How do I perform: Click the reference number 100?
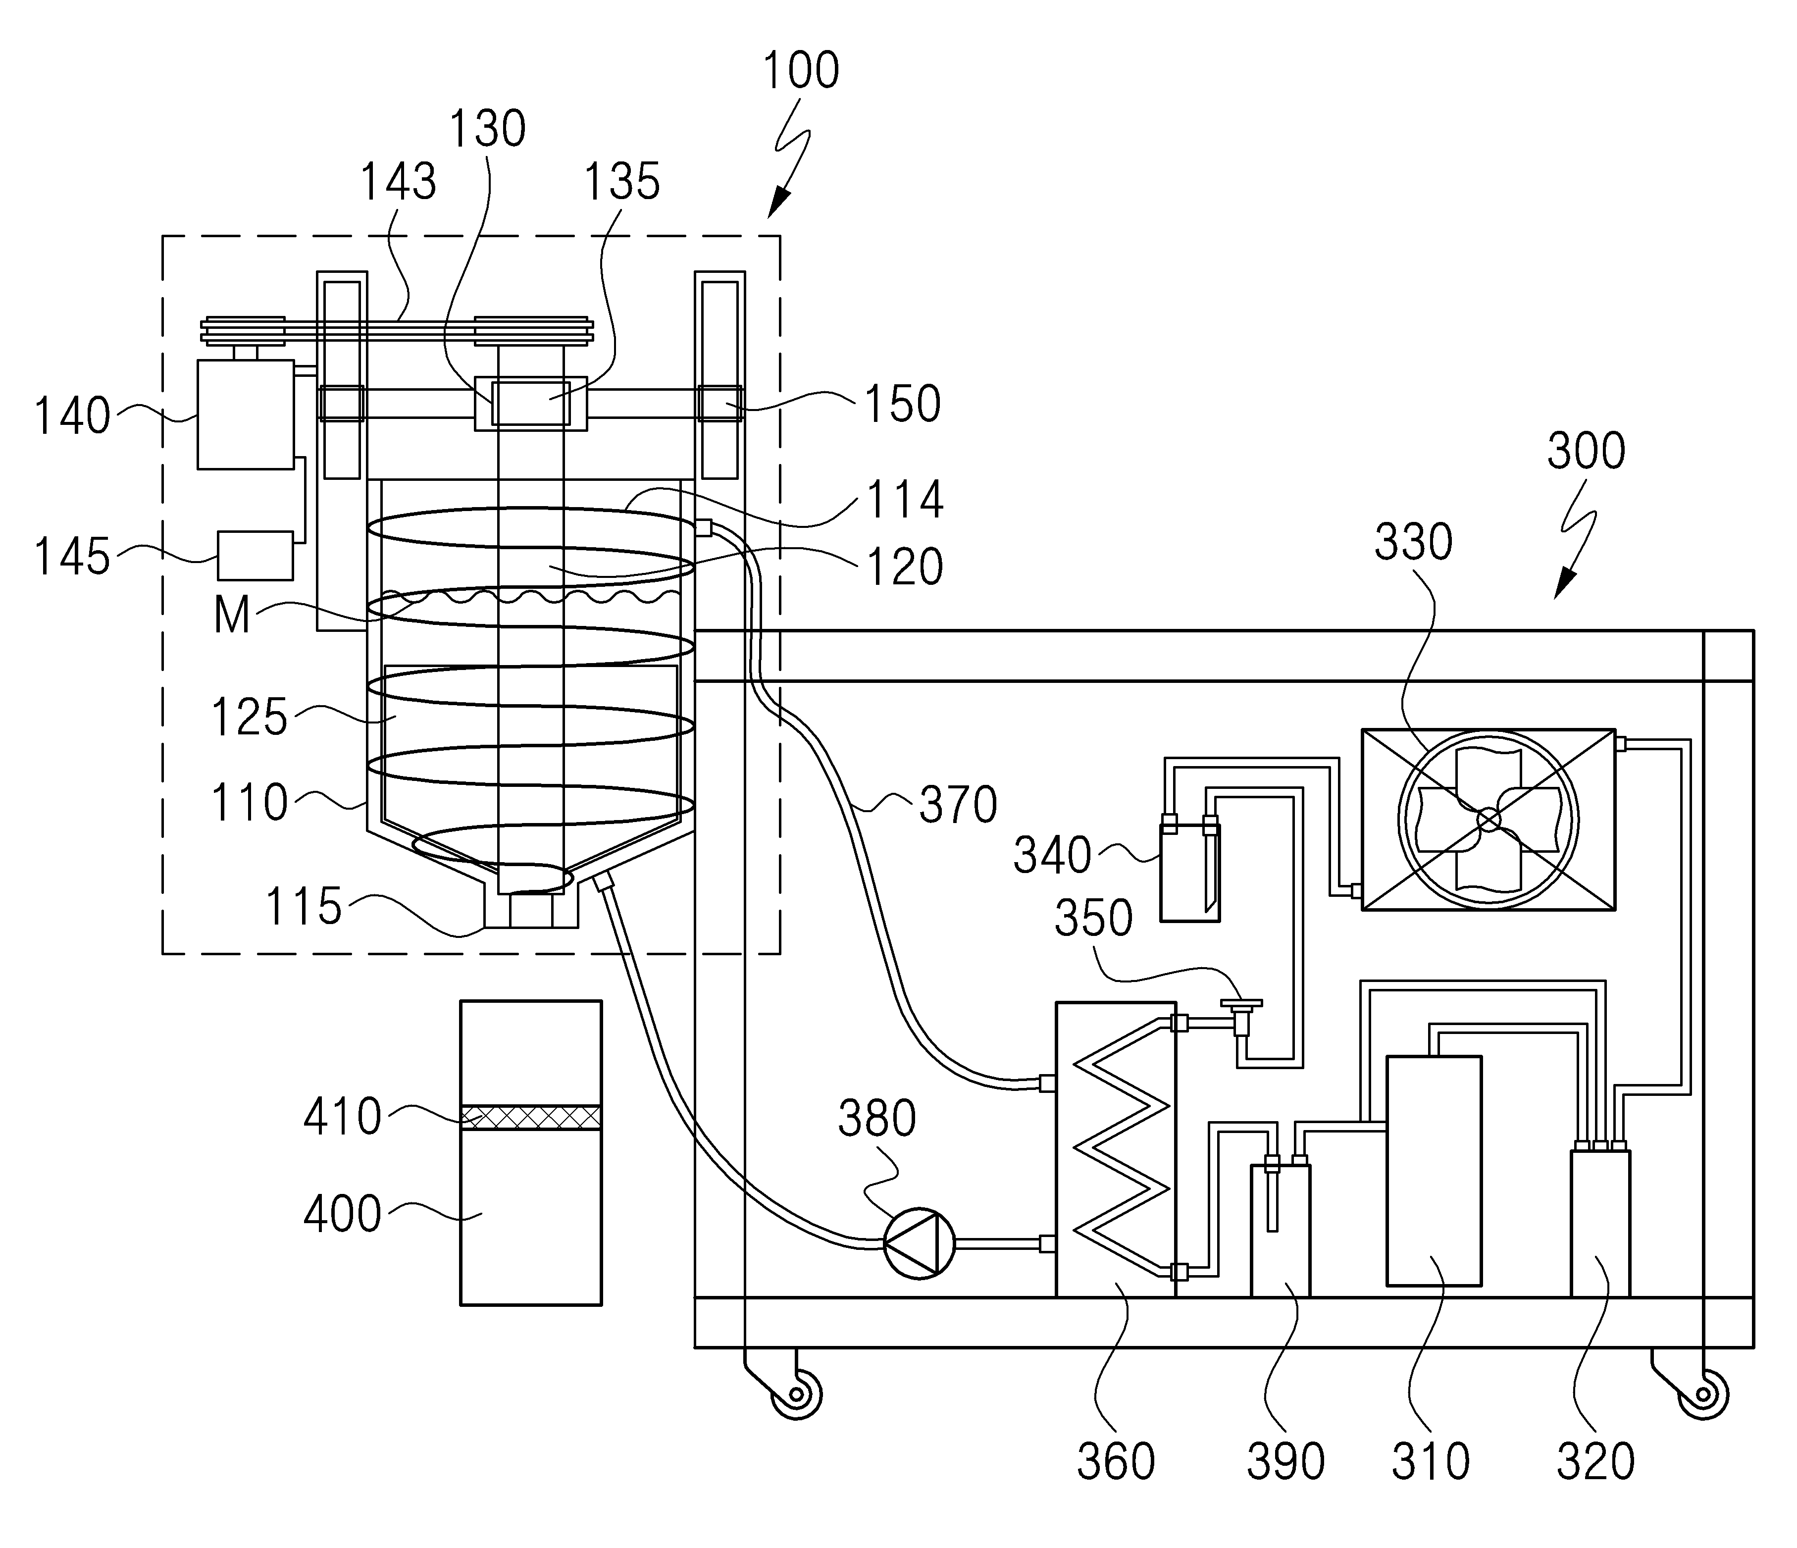click(801, 71)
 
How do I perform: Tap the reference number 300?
click(1586, 451)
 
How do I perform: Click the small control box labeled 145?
click(255, 555)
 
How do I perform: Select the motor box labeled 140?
click(246, 414)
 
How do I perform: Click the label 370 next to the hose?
click(958, 805)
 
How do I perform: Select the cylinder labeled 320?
click(1600, 1223)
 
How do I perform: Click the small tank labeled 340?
click(1190, 872)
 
